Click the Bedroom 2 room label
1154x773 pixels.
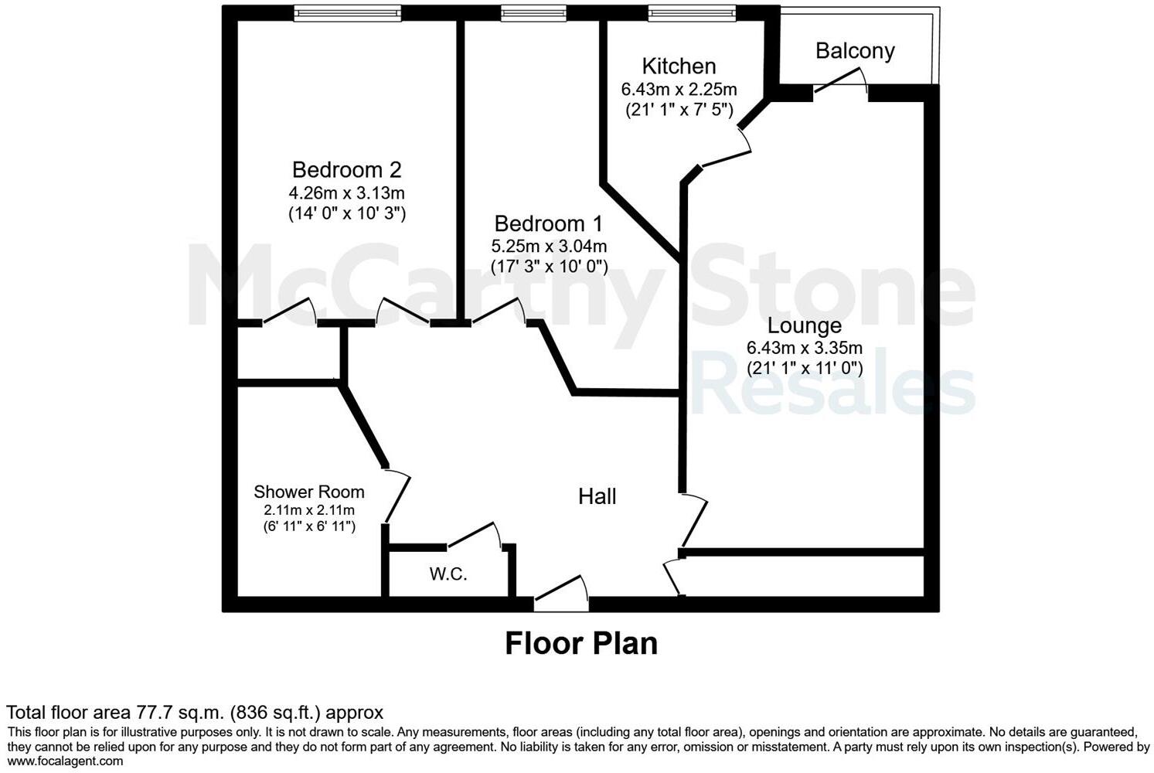(346, 169)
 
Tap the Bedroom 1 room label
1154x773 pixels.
(548, 223)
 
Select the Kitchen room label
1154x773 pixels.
(679, 66)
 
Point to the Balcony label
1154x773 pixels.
(855, 51)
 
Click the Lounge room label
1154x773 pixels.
(804, 325)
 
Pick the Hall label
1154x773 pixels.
(597, 496)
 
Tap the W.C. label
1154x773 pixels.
(448, 574)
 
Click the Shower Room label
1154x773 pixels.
(308, 492)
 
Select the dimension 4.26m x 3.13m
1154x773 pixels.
(346, 192)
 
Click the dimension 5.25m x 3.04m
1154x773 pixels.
(549, 247)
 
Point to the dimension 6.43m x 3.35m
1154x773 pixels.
(804, 348)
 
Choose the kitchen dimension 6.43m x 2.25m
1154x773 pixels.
(679, 90)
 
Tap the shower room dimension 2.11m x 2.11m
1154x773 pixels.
(308, 510)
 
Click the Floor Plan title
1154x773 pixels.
(580, 643)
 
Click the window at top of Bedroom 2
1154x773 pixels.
(347, 13)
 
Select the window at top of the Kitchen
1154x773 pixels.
(691, 13)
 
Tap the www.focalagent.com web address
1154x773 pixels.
(65, 761)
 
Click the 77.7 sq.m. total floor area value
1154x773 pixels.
(180, 712)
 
